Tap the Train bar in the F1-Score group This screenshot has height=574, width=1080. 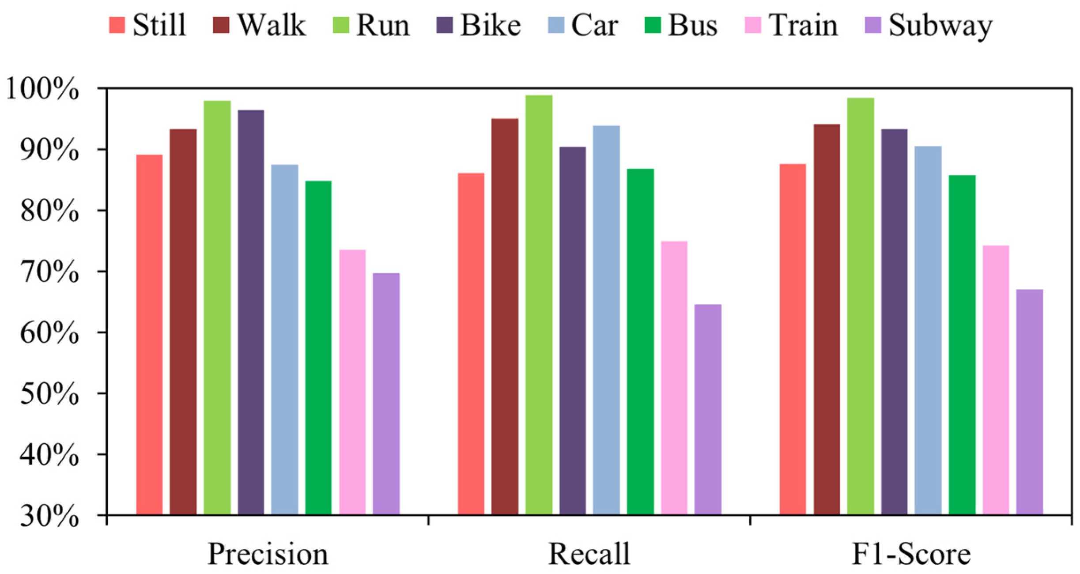996,380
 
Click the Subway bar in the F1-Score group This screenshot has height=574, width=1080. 1030,402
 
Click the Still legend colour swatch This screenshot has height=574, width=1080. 117,25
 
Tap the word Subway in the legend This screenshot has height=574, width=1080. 940,25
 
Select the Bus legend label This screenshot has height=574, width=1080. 692,25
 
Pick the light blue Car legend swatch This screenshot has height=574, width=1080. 556,25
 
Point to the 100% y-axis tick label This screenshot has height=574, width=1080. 43,90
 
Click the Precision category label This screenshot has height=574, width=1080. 268,554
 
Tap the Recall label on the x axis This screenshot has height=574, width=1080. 589,554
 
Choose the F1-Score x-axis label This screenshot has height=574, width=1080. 911,554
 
